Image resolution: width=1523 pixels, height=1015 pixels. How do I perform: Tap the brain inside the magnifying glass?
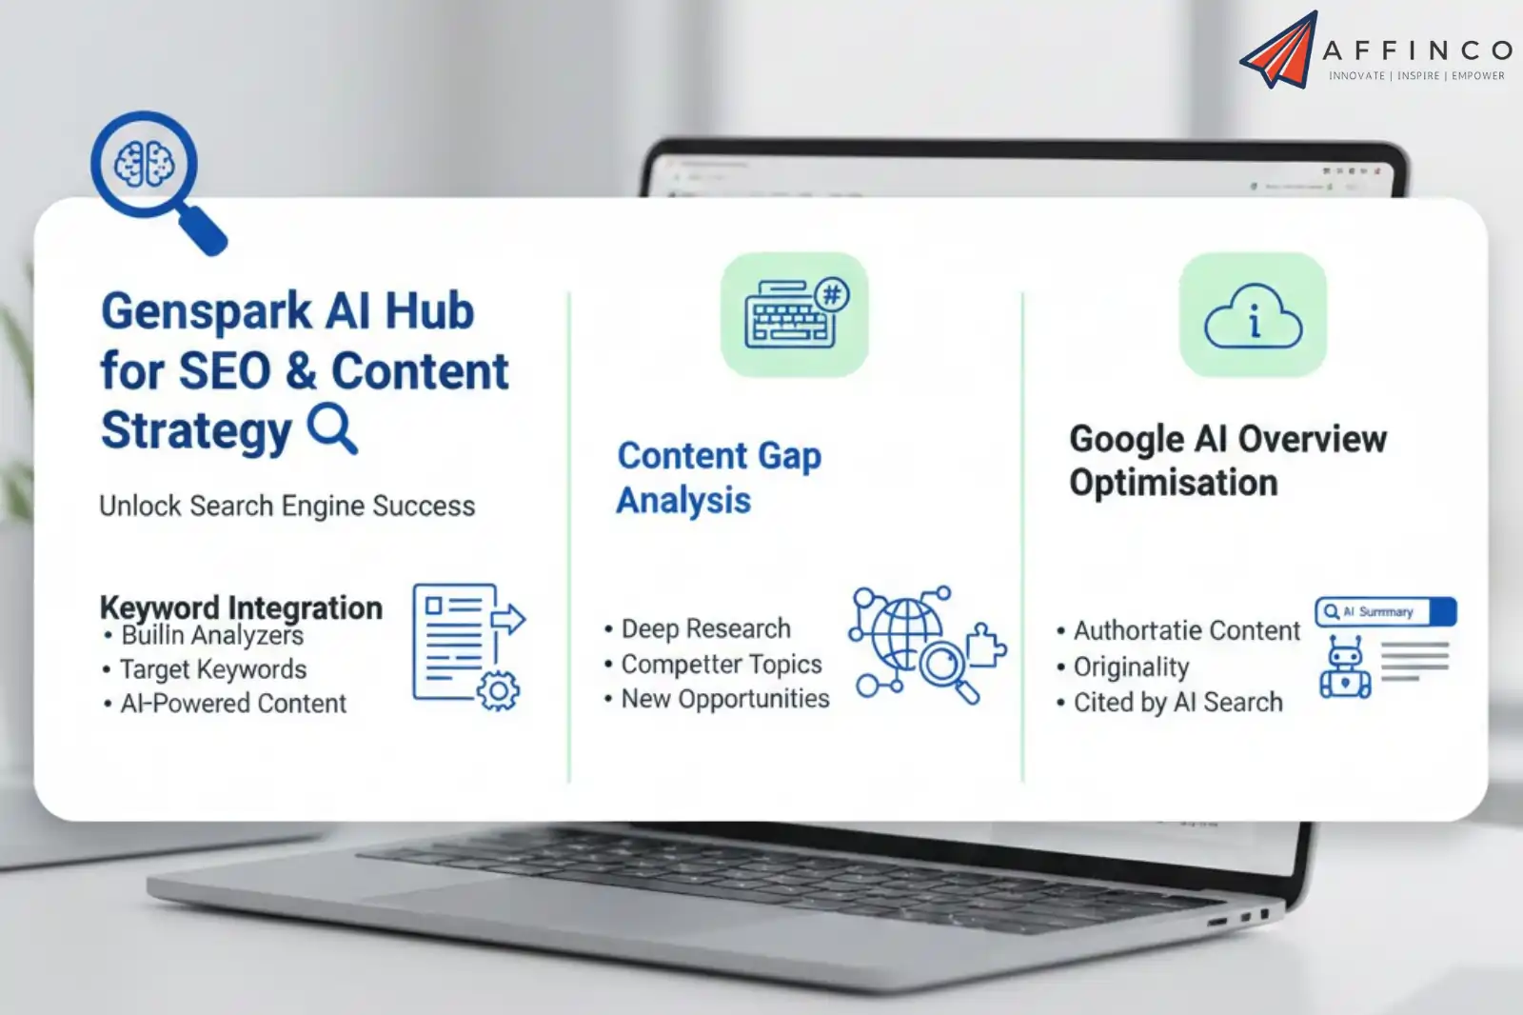(144, 164)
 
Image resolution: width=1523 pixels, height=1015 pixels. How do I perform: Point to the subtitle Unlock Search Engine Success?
(287, 506)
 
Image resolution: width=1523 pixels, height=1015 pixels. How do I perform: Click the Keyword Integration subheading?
(241, 607)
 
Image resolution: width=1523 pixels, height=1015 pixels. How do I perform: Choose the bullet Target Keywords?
(212, 669)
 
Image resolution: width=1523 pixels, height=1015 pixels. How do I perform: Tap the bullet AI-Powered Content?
(232, 704)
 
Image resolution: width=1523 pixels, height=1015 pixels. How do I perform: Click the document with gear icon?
(466, 646)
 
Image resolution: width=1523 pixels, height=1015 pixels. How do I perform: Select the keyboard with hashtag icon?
(795, 314)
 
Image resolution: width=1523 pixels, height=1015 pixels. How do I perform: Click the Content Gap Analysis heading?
(719, 478)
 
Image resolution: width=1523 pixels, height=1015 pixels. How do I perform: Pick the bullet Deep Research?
(705, 628)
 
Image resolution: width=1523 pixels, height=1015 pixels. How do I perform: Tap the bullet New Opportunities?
(724, 699)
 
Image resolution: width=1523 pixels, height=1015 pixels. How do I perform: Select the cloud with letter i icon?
(1253, 315)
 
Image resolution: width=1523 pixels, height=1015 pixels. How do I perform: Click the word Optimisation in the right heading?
(1173, 483)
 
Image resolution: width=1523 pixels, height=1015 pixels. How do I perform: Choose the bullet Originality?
(1131, 667)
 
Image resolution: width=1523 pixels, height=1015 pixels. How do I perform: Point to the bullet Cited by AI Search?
(1177, 703)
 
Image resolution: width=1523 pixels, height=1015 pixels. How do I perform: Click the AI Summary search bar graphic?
(1385, 611)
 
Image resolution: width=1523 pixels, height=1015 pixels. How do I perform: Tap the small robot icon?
(1344, 668)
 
